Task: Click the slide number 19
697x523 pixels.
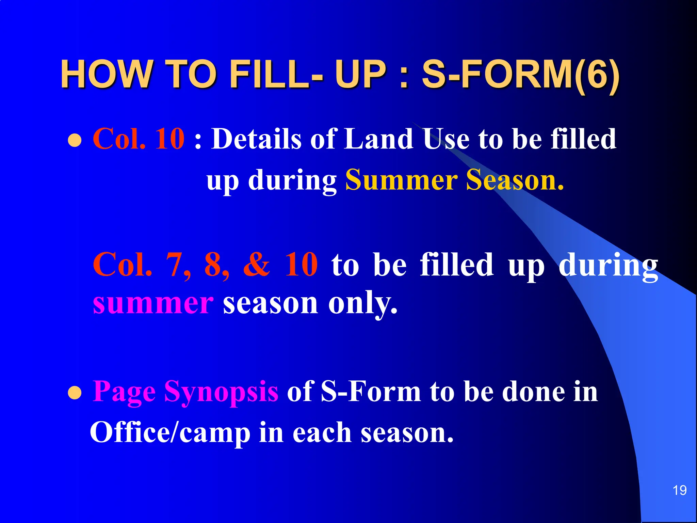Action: (679, 491)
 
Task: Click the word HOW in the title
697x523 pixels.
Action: (106, 74)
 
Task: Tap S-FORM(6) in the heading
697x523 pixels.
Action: (520, 74)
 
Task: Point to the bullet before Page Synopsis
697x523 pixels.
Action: (75, 394)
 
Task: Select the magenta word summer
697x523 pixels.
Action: (153, 303)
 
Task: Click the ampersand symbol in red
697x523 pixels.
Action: (257, 265)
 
